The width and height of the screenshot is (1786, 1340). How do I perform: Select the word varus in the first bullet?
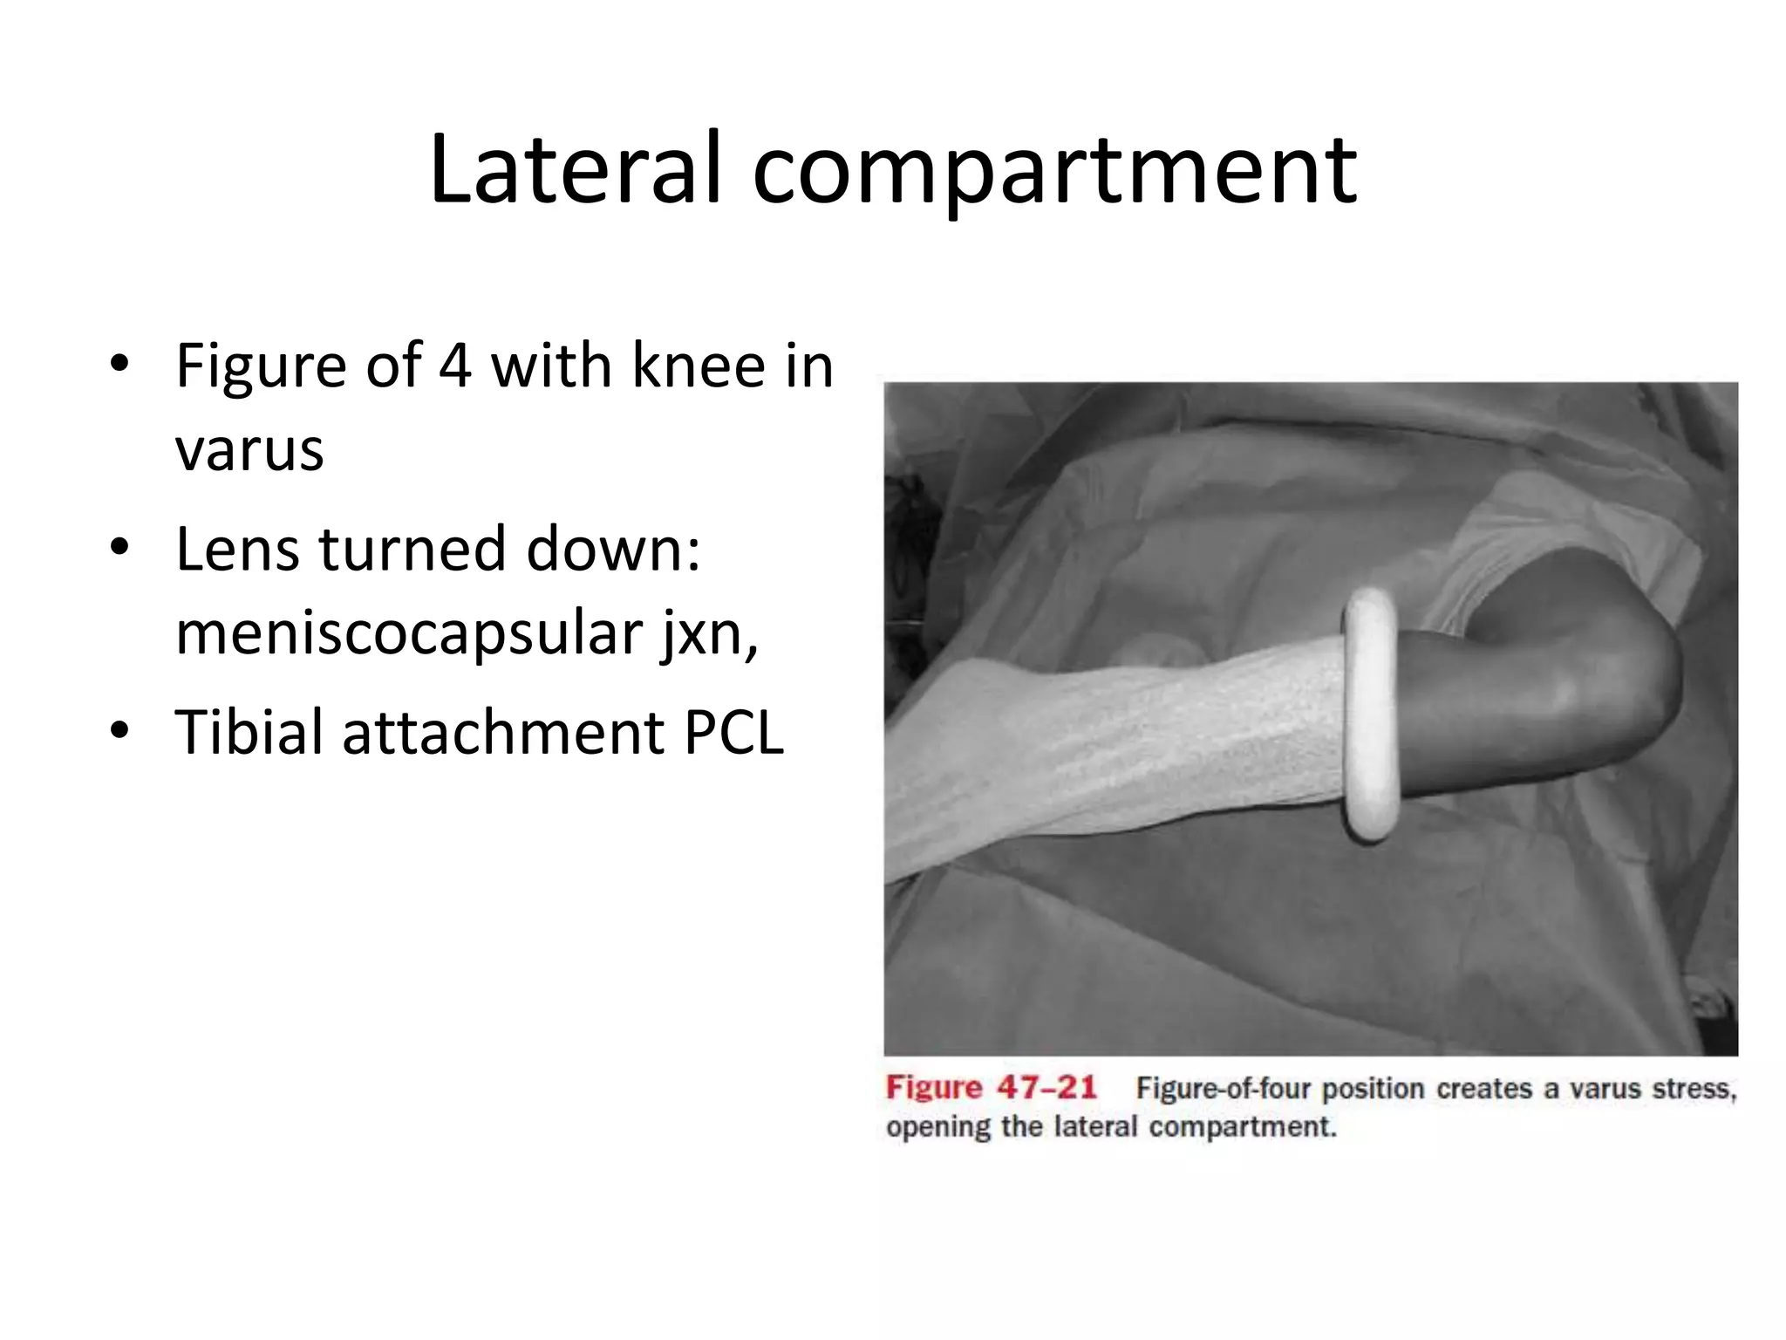tap(249, 450)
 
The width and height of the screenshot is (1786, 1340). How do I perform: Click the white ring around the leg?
tap(1372, 714)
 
